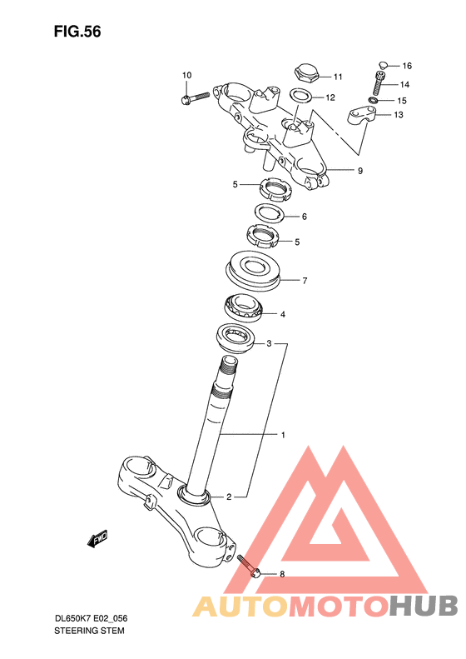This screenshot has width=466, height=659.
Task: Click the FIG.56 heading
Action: [x=77, y=32]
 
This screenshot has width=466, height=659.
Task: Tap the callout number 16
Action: [x=407, y=66]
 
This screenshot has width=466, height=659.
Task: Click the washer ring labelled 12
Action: [x=300, y=96]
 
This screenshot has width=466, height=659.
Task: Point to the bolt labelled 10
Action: [x=196, y=98]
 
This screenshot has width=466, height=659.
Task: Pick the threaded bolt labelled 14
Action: [x=379, y=83]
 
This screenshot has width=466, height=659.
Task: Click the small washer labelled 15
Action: [x=373, y=101]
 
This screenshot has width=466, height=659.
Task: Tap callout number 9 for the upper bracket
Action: [x=360, y=171]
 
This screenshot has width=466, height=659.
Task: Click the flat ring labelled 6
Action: [x=270, y=212]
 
